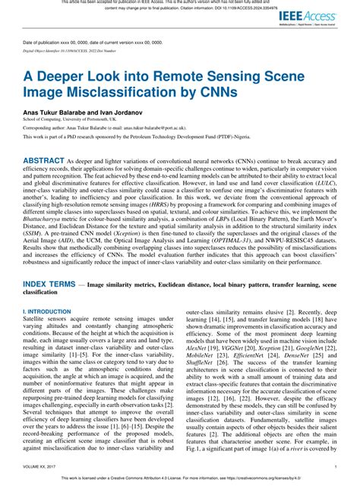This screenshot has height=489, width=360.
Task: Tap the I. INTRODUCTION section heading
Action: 47,311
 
